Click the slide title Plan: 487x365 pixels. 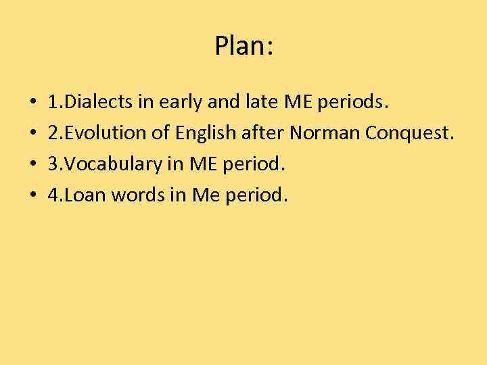(243, 47)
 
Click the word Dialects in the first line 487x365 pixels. (97, 103)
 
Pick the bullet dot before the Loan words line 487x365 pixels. (33, 196)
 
